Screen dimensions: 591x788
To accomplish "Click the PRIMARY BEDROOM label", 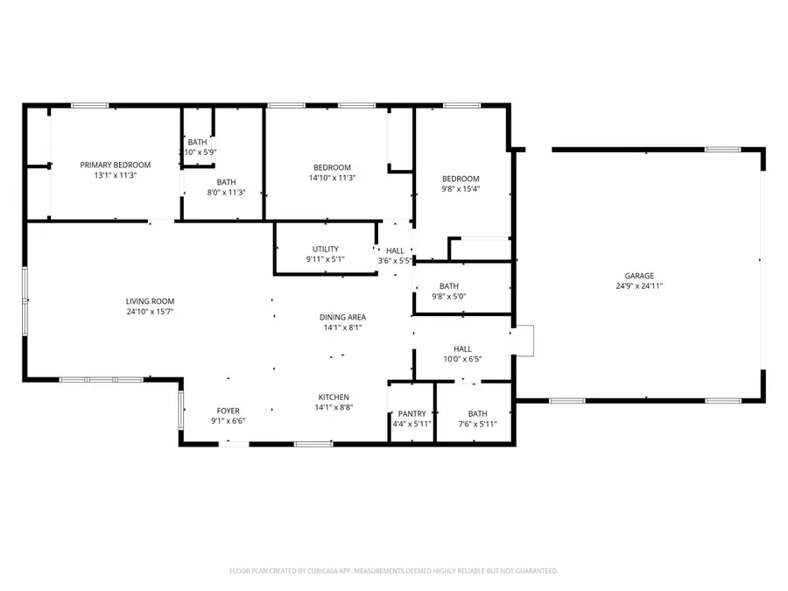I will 115,165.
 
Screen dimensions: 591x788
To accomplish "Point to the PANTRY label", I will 412,414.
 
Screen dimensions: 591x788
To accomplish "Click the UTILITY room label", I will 326,249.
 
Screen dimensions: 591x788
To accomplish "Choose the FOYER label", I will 228,411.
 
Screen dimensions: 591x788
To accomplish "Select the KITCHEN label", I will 334,397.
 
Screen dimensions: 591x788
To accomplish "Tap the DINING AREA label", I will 341,317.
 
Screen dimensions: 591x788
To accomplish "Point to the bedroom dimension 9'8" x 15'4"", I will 461,188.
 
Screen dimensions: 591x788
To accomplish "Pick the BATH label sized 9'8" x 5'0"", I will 448,286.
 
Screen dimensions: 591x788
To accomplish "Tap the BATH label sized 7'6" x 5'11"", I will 477,414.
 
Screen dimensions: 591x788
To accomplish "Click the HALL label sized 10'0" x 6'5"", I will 462,348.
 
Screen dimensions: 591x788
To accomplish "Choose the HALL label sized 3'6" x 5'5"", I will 395,250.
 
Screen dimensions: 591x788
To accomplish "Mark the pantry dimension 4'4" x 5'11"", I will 412,425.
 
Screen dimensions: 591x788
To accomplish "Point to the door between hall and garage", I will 524,341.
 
